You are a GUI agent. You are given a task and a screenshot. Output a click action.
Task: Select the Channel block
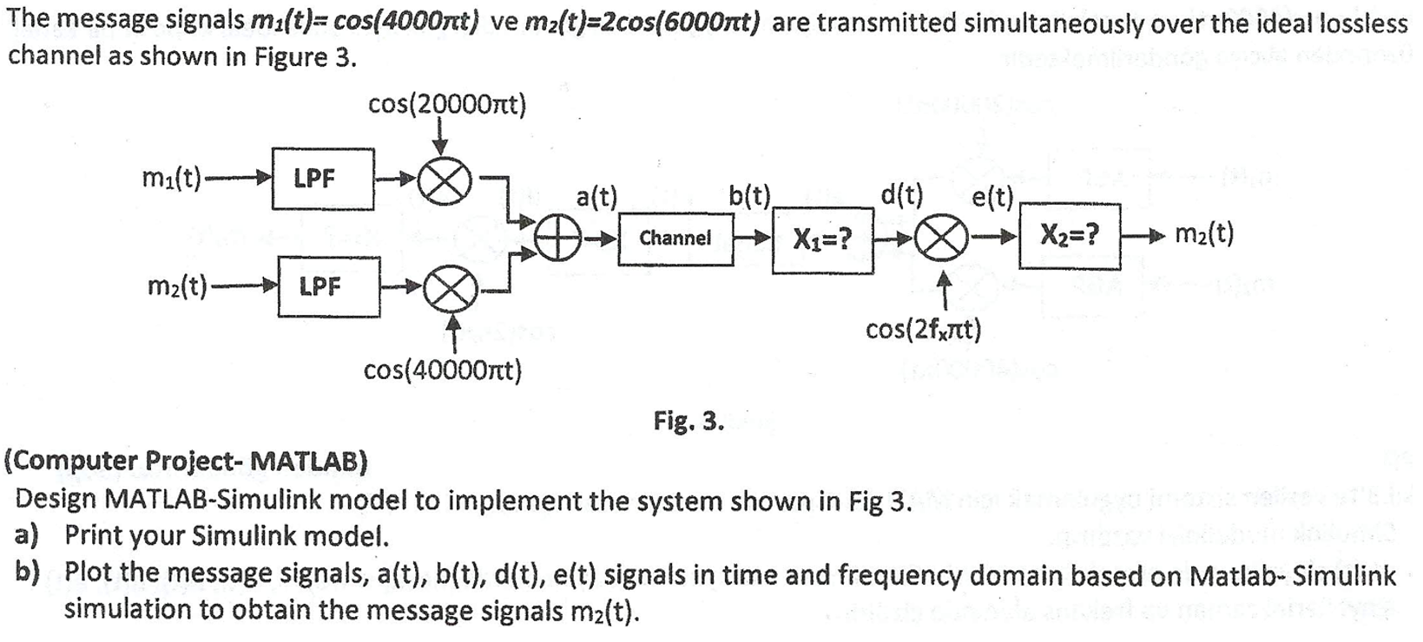tap(675, 237)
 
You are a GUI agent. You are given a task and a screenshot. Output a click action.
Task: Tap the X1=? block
tap(821, 238)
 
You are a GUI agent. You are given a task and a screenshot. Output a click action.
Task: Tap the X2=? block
tap(1070, 234)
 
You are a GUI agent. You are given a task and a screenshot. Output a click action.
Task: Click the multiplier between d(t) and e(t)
tap(945, 237)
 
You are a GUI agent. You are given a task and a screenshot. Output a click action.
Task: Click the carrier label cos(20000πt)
tap(446, 105)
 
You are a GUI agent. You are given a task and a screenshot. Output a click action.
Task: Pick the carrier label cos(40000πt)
tap(442, 371)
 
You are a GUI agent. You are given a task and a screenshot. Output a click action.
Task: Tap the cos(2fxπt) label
tap(923, 330)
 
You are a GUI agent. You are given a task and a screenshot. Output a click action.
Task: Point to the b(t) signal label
tap(750, 196)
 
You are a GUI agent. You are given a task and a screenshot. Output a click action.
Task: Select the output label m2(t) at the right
tap(1203, 234)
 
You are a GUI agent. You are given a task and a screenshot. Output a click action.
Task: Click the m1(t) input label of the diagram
tap(172, 179)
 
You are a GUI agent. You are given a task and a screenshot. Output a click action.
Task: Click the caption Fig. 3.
tap(688, 422)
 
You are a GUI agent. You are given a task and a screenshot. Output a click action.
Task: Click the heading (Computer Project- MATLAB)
tap(187, 460)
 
